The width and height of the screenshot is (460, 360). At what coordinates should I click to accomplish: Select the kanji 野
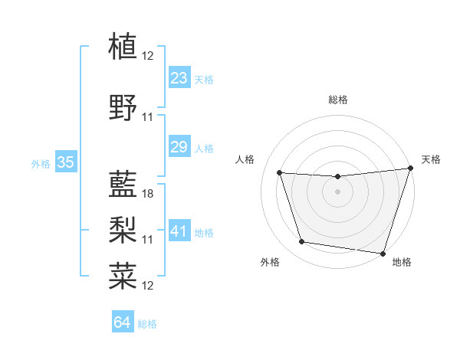click(123, 108)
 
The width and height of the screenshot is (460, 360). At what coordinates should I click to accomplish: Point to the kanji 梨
click(123, 227)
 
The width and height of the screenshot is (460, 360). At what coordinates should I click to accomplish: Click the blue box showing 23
click(179, 78)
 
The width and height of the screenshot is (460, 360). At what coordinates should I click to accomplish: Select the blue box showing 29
click(179, 147)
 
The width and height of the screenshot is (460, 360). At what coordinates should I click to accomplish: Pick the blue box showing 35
click(66, 162)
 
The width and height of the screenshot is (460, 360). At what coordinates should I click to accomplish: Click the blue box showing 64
click(123, 322)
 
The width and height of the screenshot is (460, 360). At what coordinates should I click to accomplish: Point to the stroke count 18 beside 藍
click(148, 194)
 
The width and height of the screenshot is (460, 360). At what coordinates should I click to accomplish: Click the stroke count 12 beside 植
click(148, 55)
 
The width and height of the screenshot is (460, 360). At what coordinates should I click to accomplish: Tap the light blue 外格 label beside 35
click(41, 163)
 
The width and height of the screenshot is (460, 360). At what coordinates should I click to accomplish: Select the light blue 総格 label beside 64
click(147, 324)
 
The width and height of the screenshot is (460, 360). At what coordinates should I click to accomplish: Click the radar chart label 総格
click(337, 100)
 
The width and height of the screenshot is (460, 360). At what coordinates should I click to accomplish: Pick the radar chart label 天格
click(431, 159)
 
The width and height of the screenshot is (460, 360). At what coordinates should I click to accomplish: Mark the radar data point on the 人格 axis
click(279, 173)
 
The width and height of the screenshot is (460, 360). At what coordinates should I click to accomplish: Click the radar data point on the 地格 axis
click(383, 253)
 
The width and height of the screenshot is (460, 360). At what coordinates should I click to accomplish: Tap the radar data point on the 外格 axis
click(301, 242)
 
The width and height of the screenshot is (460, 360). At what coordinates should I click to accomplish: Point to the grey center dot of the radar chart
click(337, 191)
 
